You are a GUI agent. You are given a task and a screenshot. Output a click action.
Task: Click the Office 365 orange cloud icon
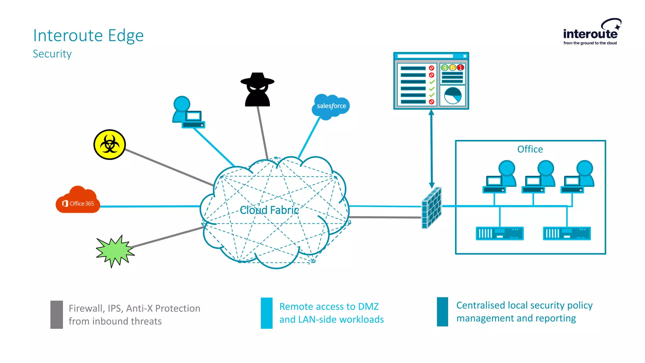[x=78, y=200]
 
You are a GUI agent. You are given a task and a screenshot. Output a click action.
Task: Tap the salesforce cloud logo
[x=331, y=107]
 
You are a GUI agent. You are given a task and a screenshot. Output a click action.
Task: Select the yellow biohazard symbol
[x=110, y=145]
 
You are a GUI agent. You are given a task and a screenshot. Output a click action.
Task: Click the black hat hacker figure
[x=257, y=90]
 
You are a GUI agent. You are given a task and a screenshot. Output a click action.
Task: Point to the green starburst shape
[x=115, y=251]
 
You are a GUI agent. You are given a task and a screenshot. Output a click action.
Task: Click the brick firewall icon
[x=431, y=208]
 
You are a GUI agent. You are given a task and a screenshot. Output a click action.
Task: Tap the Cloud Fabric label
[x=269, y=210]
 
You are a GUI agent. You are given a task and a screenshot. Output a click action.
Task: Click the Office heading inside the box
[x=530, y=149]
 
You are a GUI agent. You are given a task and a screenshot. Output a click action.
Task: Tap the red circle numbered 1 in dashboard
[x=460, y=67]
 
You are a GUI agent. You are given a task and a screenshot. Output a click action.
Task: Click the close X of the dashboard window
[x=465, y=56]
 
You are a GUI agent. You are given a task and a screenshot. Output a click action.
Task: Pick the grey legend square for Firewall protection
[x=57, y=314]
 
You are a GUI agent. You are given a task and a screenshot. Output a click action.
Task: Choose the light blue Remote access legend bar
[x=266, y=313]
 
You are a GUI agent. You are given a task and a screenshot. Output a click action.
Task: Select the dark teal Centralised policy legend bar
[x=442, y=312]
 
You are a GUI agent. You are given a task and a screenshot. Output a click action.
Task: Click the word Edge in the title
[x=126, y=36]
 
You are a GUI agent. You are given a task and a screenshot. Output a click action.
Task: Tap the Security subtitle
[x=52, y=54]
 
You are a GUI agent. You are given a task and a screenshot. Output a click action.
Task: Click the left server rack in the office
[x=499, y=233]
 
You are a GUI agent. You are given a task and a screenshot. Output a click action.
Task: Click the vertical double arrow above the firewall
[x=431, y=148]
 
